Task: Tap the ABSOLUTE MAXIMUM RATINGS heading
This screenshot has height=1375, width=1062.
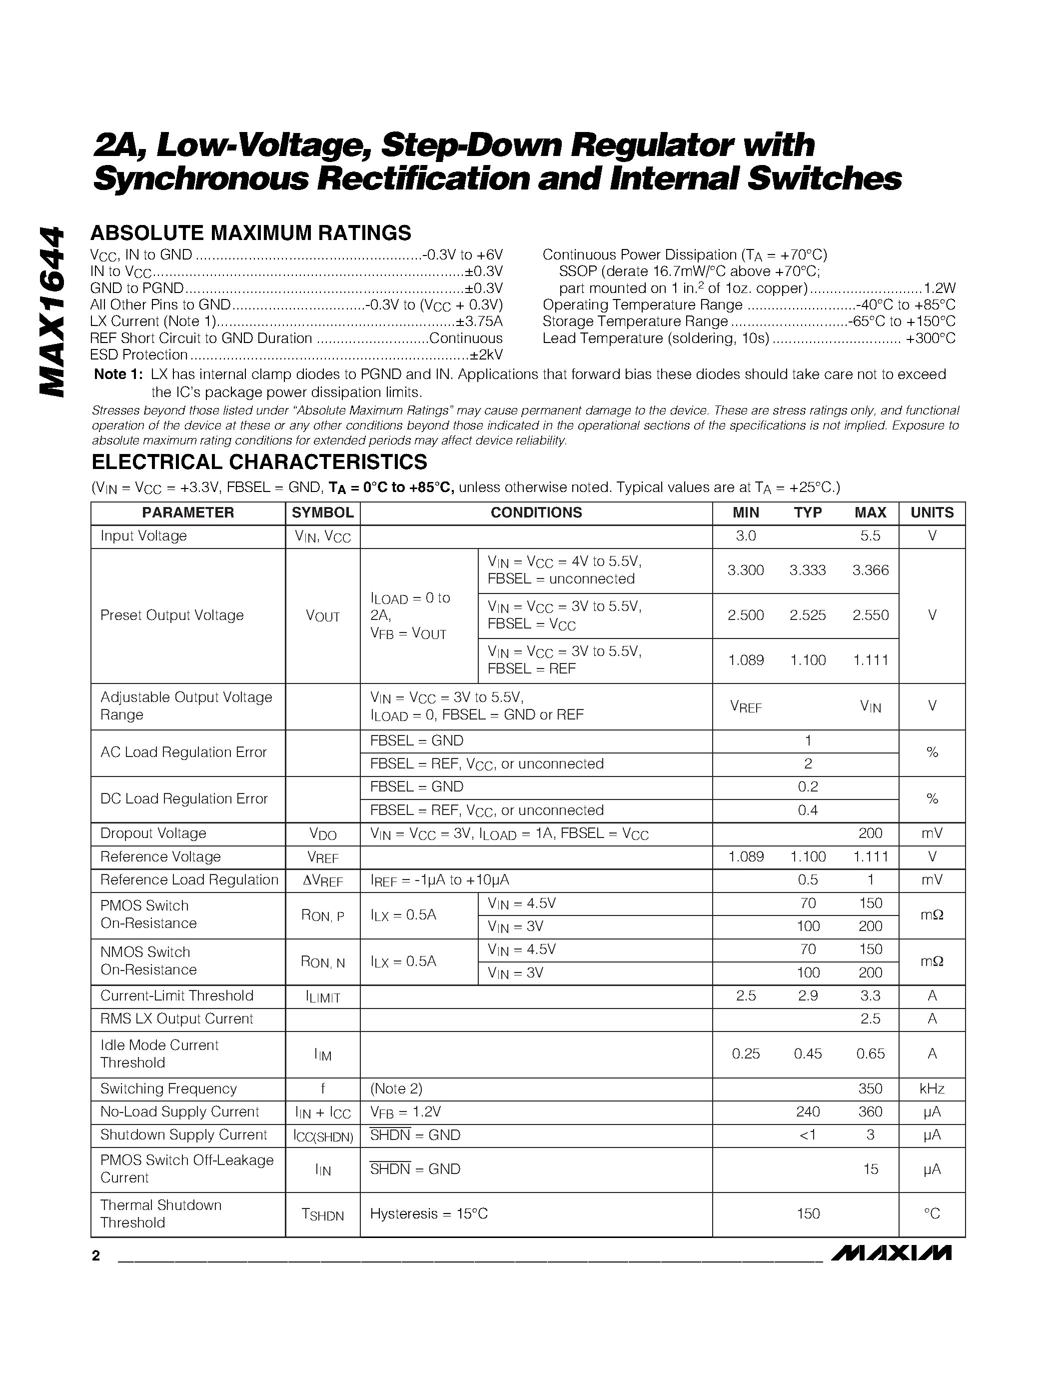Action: tap(250, 233)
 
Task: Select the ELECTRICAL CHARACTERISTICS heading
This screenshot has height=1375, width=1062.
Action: tap(259, 462)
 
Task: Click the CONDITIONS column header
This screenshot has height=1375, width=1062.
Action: tap(536, 513)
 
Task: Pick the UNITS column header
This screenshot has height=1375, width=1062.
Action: tap(932, 513)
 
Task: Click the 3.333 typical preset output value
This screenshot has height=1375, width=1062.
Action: tap(807, 570)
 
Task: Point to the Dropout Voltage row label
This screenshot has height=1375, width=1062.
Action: tap(153, 833)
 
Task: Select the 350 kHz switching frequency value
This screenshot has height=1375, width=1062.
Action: tap(870, 1088)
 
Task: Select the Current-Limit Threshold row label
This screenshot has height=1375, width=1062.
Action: tap(177, 996)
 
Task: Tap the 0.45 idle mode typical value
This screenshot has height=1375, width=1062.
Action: tap(807, 1054)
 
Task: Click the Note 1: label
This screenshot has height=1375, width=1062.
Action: tap(118, 374)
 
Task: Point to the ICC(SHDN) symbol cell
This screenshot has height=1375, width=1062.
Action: tap(323, 1135)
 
